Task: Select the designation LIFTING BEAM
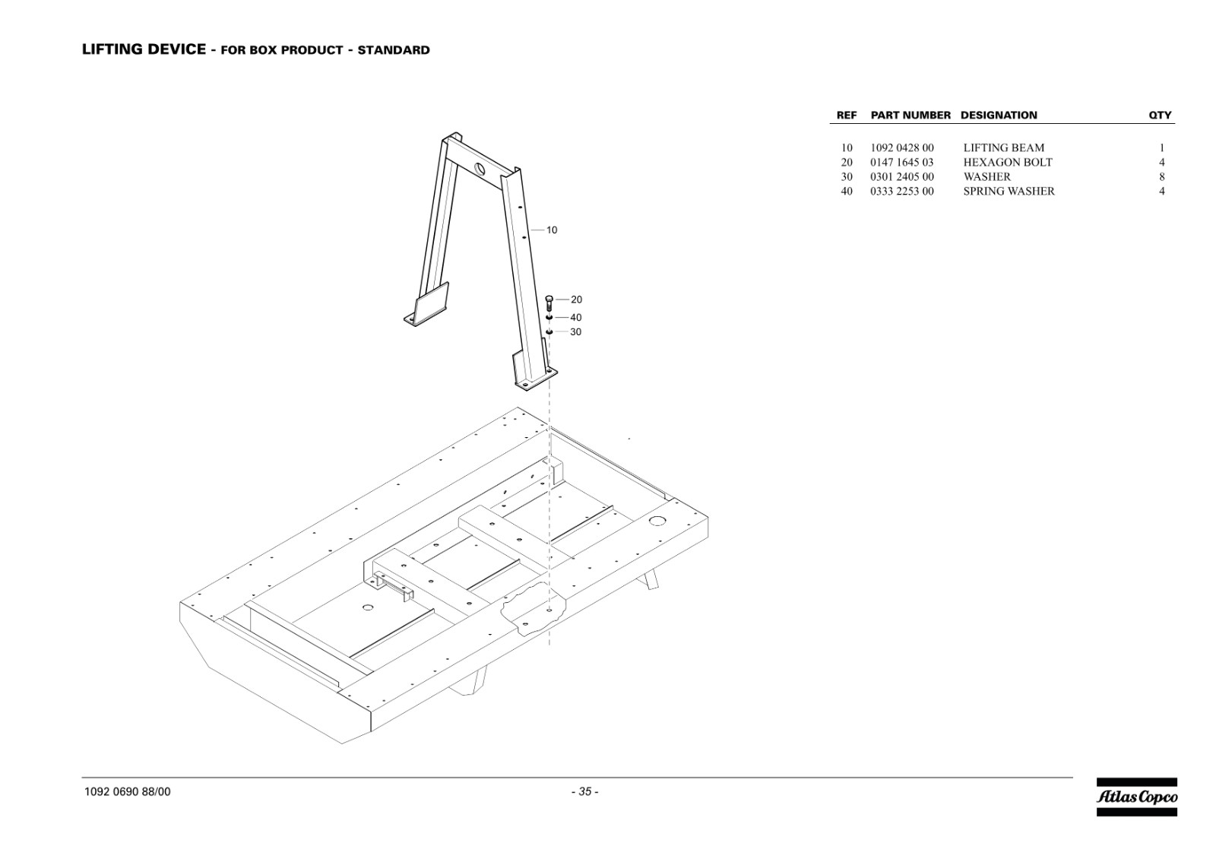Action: click(x=1004, y=147)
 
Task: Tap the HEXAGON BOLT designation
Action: click(x=1008, y=163)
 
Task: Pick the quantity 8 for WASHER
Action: click(x=1162, y=176)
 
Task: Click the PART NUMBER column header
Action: click(x=910, y=115)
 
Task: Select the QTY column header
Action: click(x=1160, y=115)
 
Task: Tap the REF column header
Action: click(x=847, y=115)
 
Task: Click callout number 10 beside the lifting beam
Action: click(x=552, y=230)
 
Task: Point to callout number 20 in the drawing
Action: click(x=576, y=300)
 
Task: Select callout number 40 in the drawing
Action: click(x=576, y=318)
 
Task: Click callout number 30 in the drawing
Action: click(x=576, y=331)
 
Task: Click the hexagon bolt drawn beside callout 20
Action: click(x=549, y=303)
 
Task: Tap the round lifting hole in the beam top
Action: click(x=480, y=168)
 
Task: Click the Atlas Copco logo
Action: click(x=1137, y=797)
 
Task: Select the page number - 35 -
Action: click(x=584, y=791)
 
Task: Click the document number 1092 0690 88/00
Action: click(x=127, y=791)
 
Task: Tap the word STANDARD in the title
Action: click(x=394, y=50)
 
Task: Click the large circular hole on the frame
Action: click(x=657, y=521)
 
